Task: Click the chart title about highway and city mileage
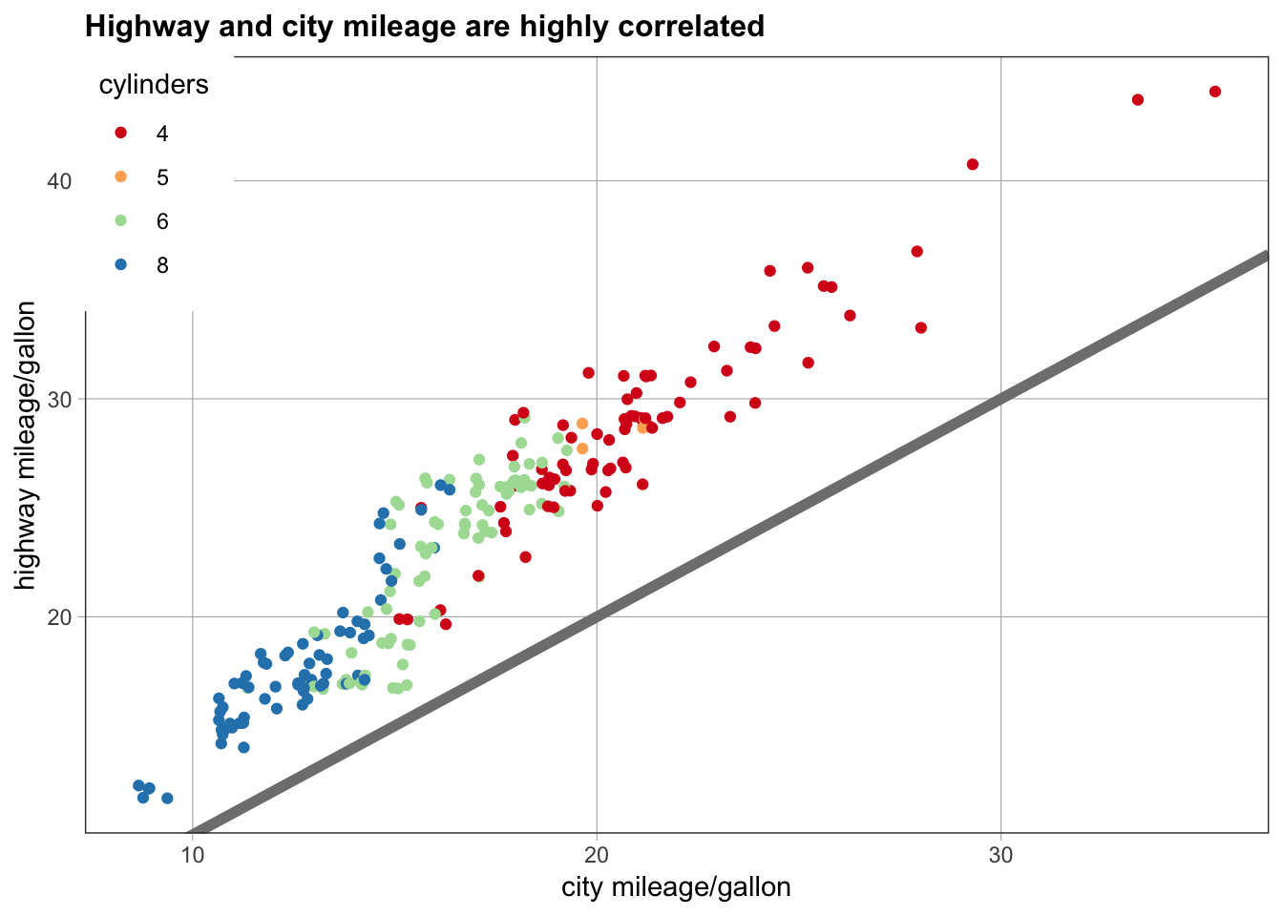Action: point(425,27)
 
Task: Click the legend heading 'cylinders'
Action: point(154,85)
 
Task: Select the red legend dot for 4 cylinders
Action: point(121,134)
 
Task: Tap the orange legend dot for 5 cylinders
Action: point(121,177)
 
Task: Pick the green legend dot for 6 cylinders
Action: point(121,221)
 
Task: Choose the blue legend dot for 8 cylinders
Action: point(121,265)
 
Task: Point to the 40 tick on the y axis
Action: point(59,181)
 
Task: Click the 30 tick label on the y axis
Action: point(59,399)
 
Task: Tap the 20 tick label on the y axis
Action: point(59,616)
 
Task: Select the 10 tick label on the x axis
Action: point(193,855)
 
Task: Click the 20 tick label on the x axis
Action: point(597,855)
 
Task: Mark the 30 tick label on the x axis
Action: point(1000,855)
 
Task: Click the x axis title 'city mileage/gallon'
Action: point(676,887)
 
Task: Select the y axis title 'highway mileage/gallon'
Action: point(27,445)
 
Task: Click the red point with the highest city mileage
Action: point(1215,92)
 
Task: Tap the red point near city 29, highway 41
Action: point(973,164)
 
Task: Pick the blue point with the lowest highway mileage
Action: point(167,798)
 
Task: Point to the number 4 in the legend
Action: point(162,134)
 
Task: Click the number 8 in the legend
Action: point(162,265)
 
